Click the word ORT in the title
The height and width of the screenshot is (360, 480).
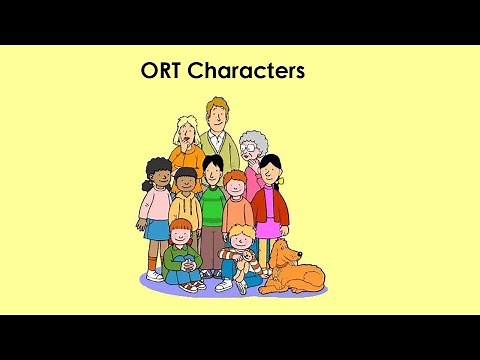[164, 72]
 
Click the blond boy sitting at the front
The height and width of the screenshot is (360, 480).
[241, 255]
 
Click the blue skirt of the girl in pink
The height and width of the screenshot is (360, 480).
[157, 228]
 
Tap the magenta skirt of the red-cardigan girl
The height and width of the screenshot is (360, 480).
[268, 231]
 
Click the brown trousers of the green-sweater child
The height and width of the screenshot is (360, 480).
[211, 245]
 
